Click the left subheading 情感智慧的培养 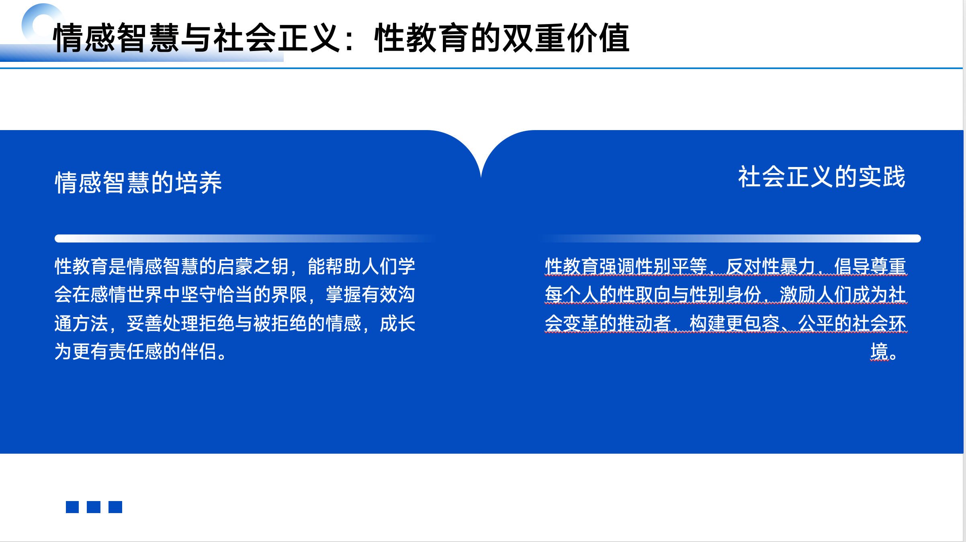coord(138,183)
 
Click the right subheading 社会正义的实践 coord(821,177)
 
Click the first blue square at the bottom coord(72,507)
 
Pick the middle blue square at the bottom coord(94,507)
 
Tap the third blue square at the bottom coord(115,507)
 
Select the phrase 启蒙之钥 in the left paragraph coord(253,267)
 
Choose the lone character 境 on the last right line coord(879,352)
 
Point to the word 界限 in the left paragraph coord(289,295)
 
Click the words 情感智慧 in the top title coord(116,38)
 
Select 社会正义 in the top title coord(277,38)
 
